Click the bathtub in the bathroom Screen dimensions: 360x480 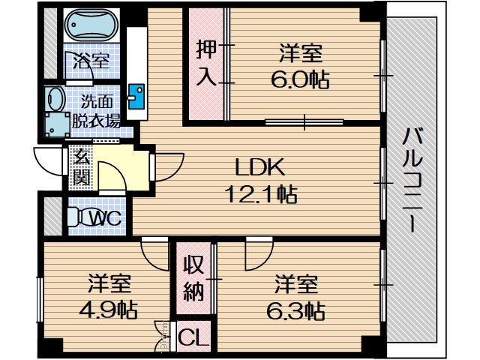(x=90, y=28)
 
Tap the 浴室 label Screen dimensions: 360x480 (x=91, y=61)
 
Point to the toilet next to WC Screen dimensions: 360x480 (x=73, y=217)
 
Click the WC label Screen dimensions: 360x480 (x=105, y=218)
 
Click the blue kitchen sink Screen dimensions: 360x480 (x=136, y=96)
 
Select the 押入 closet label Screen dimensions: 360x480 (x=205, y=64)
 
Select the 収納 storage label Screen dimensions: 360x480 (x=193, y=277)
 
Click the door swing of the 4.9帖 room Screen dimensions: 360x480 (x=157, y=254)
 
